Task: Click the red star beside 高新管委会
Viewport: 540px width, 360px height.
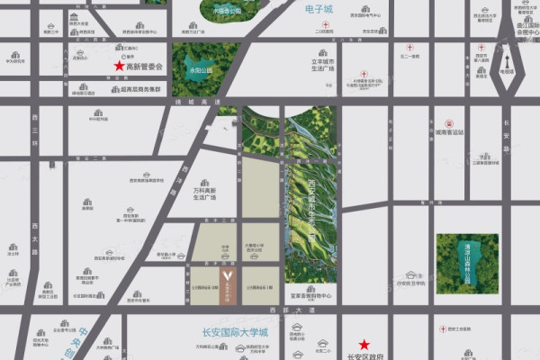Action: (118, 67)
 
